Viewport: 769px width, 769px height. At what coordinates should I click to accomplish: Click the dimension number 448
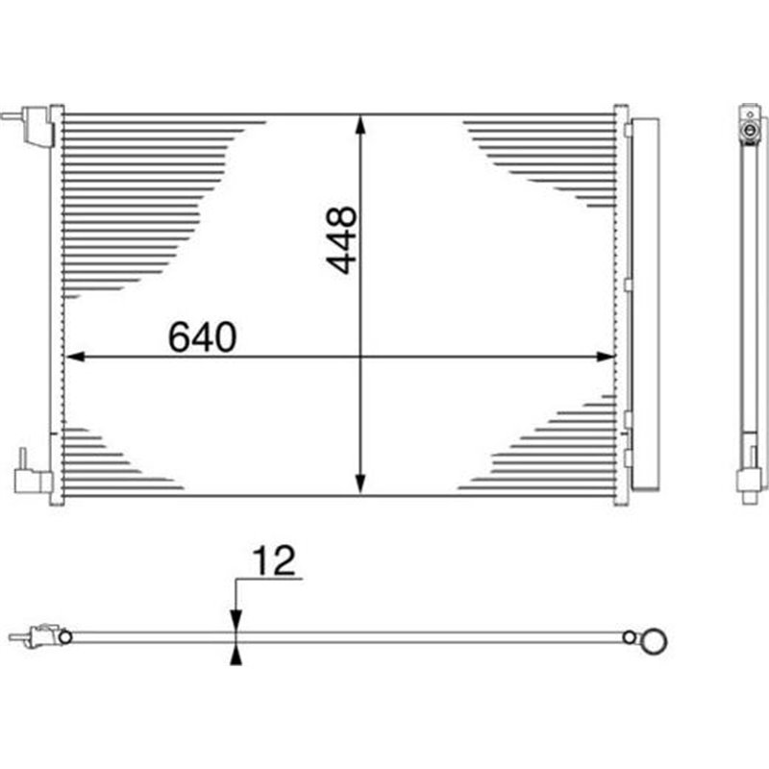click(x=342, y=239)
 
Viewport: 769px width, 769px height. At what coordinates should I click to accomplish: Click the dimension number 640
click(x=202, y=337)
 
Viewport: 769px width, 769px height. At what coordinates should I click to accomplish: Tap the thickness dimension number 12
click(x=274, y=560)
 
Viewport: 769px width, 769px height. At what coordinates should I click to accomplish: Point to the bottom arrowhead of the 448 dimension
click(x=360, y=484)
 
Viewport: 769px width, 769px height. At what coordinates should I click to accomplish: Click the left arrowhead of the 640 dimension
click(x=75, y=357)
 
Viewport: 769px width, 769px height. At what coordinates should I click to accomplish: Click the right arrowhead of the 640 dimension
click(x=605, y=357)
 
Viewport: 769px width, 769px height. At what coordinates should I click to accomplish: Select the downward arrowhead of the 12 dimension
click(x=236, y=621)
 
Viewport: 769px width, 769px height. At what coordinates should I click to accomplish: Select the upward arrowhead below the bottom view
click(x=236, y=655)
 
